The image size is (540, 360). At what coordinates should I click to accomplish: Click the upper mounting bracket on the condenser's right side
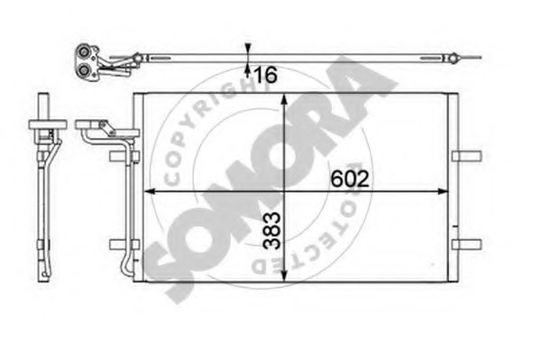tap(468, 156)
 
